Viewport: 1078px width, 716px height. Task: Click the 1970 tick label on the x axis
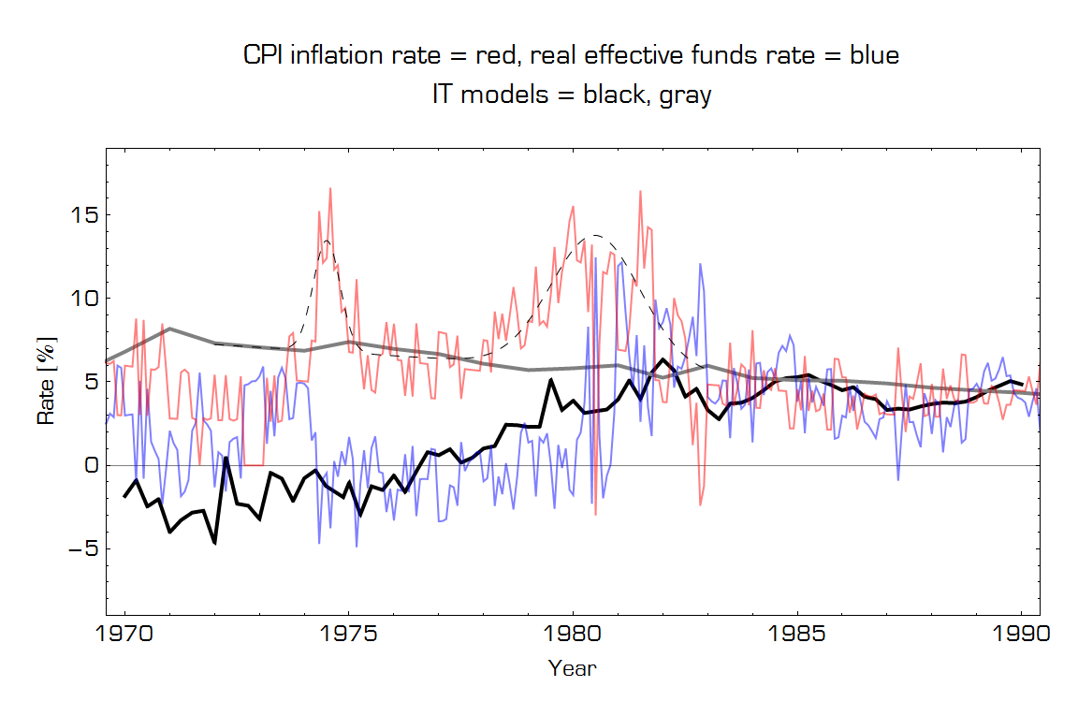pyautogui.click(x=124, y=635)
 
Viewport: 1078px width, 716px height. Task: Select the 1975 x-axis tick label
pyautogui.click(x=349, y=635)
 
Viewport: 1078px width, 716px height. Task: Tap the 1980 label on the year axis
pyautogui.click(x=573, y=635)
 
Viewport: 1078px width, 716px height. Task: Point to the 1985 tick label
pyautogui.click(x=797, y=635)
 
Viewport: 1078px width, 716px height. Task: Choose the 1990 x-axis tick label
pyautogui.click(x=1021, y=635)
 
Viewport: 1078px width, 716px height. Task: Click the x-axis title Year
pyautogui.click(x=572, y=668)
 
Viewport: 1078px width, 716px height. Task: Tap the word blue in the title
pyautogui.click(x=874, y=56)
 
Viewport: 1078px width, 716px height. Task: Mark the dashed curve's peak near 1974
pyautogui.click(x=326, y=241)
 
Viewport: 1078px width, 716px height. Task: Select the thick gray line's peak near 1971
pyautogui.click(x=168, y=329)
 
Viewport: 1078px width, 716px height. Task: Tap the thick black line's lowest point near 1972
pyautogui.click(x=214, y=542)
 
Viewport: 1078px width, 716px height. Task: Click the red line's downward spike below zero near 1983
pyautogui.click(x=700, y=504)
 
